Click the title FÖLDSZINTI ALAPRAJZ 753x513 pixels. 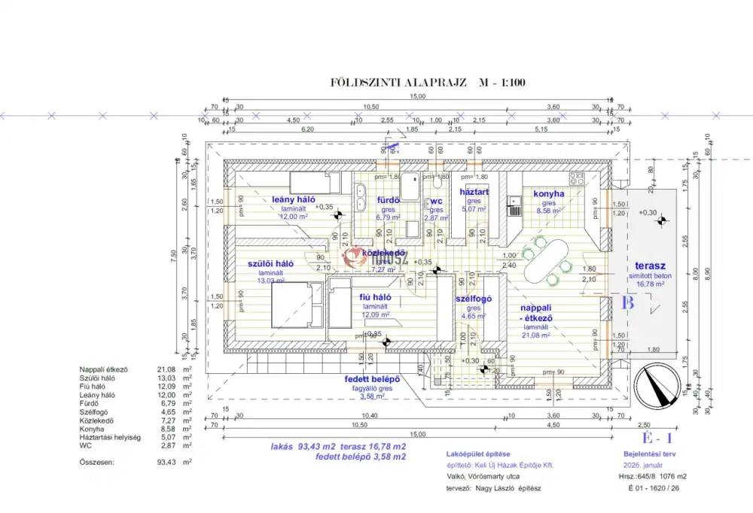coord(399,83)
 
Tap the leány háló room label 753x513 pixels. coord(293,199)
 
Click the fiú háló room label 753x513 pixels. coord(375,298)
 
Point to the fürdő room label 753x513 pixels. coord(388,201)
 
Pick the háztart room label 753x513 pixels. coord(474,193)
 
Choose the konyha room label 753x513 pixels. coord(548,193)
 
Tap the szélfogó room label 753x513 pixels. coord(474,299)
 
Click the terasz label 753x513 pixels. coord(651,266)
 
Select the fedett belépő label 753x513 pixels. coord(372,378)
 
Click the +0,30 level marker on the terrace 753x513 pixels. coord(647,213)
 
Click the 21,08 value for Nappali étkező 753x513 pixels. coord(166,369)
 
